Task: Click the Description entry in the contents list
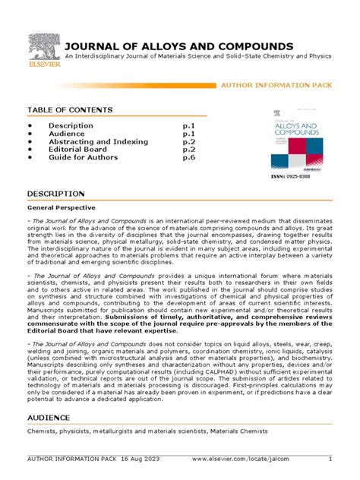click(71, 125)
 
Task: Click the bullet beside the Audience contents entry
click(30, 134)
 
